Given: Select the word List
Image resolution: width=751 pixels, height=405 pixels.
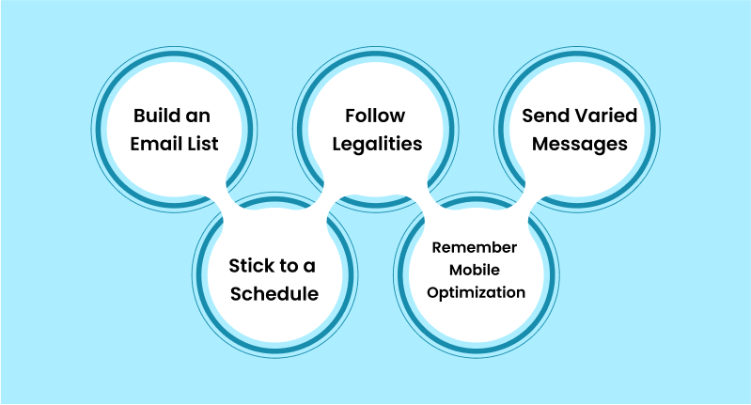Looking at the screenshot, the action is (203, 144).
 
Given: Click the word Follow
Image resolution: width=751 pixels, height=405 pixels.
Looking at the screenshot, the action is (375, 116).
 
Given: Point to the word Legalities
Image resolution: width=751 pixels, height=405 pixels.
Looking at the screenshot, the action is (377, 144).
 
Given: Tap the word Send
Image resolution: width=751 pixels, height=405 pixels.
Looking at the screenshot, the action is (545, 116).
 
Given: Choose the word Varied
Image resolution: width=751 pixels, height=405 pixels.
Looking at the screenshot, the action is (606, 116).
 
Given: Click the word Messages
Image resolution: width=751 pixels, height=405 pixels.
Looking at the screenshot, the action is (580, 144).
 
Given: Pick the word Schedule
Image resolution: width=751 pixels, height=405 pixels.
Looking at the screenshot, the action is (274, 293).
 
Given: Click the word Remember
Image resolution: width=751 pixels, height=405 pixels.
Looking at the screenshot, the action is (474, 247).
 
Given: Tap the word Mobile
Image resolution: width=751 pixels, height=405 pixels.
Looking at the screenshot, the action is (474, 270).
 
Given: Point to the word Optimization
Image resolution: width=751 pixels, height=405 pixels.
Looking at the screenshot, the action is (477, 292).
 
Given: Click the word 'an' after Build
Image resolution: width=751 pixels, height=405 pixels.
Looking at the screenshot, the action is (197, 117).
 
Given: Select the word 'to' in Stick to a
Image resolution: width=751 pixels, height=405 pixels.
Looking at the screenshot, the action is (286, 266).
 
